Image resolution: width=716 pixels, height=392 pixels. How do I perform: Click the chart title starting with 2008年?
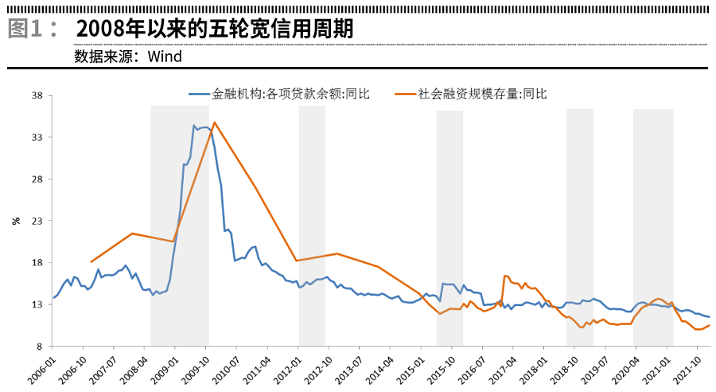(x=215, y=29)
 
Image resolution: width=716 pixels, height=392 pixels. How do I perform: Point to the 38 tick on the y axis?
(x=37, y=96)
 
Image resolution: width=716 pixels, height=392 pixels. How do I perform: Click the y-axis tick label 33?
(x=37, y=137)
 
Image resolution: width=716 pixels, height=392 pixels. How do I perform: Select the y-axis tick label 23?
(x=37, y=221)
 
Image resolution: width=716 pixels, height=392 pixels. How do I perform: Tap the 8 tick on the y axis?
(x=39, y=347)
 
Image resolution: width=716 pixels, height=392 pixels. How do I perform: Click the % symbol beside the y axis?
(x=16, y=221)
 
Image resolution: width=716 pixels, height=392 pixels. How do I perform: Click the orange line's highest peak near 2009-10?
(x=214, y=122)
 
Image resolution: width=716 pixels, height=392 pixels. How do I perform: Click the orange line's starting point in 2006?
(x=91, y=261)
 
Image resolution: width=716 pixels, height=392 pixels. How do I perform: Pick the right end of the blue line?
(x=709, y=317)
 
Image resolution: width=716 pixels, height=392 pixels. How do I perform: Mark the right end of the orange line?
(x=709, y=325)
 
